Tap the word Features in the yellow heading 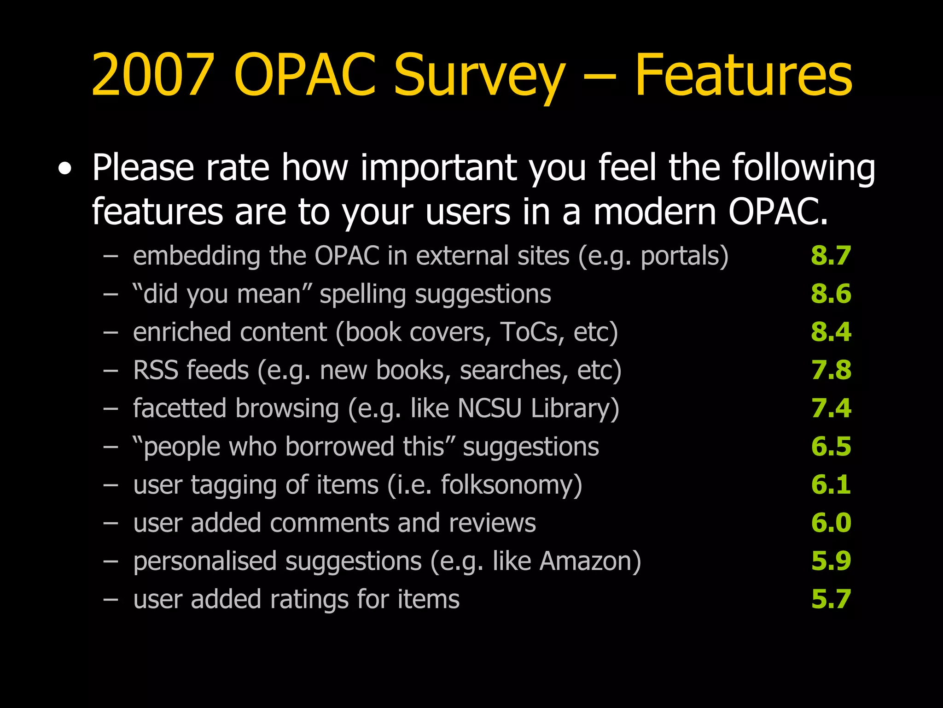(x=743, y=75)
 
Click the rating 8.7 (x=831, y=256)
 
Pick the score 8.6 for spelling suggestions (x=831, y=294)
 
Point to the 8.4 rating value (x=831, y=332)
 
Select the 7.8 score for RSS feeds (x=831, y=371)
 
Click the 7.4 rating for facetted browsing (x=831, y=409)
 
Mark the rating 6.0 (x=831, y=523)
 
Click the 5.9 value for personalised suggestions (x=831, y=561)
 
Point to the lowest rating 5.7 (x=831, y=600)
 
